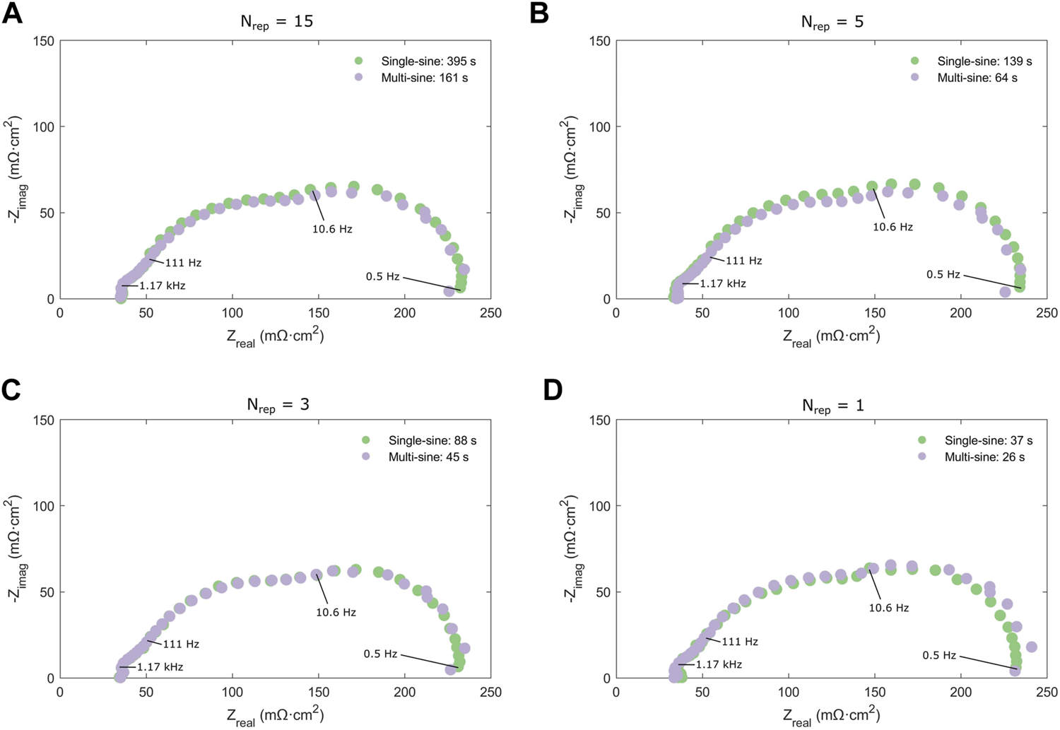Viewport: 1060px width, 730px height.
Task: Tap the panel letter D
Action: point(552,392)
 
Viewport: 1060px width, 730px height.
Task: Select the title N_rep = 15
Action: point(276,21)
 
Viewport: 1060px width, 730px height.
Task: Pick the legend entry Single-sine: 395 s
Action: point(428,61)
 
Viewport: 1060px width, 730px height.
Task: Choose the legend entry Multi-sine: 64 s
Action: point(977,78)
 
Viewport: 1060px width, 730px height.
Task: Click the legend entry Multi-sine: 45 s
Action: point(428,457)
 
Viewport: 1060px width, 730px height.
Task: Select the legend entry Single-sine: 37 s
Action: point(988,440)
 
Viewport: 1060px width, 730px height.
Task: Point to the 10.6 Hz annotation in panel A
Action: point(332,229)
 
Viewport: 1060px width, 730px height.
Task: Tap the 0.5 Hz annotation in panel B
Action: point(943,274)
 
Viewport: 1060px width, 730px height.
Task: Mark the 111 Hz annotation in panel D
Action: point(740,642)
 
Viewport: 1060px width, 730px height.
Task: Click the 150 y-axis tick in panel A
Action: point(45,41)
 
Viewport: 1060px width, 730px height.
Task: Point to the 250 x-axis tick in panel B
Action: point(1047,313)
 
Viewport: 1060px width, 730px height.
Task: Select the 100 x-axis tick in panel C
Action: point(232,692)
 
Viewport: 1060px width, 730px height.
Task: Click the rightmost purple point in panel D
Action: point(1031,647)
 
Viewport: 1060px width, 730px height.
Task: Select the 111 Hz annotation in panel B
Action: point(744,261)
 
